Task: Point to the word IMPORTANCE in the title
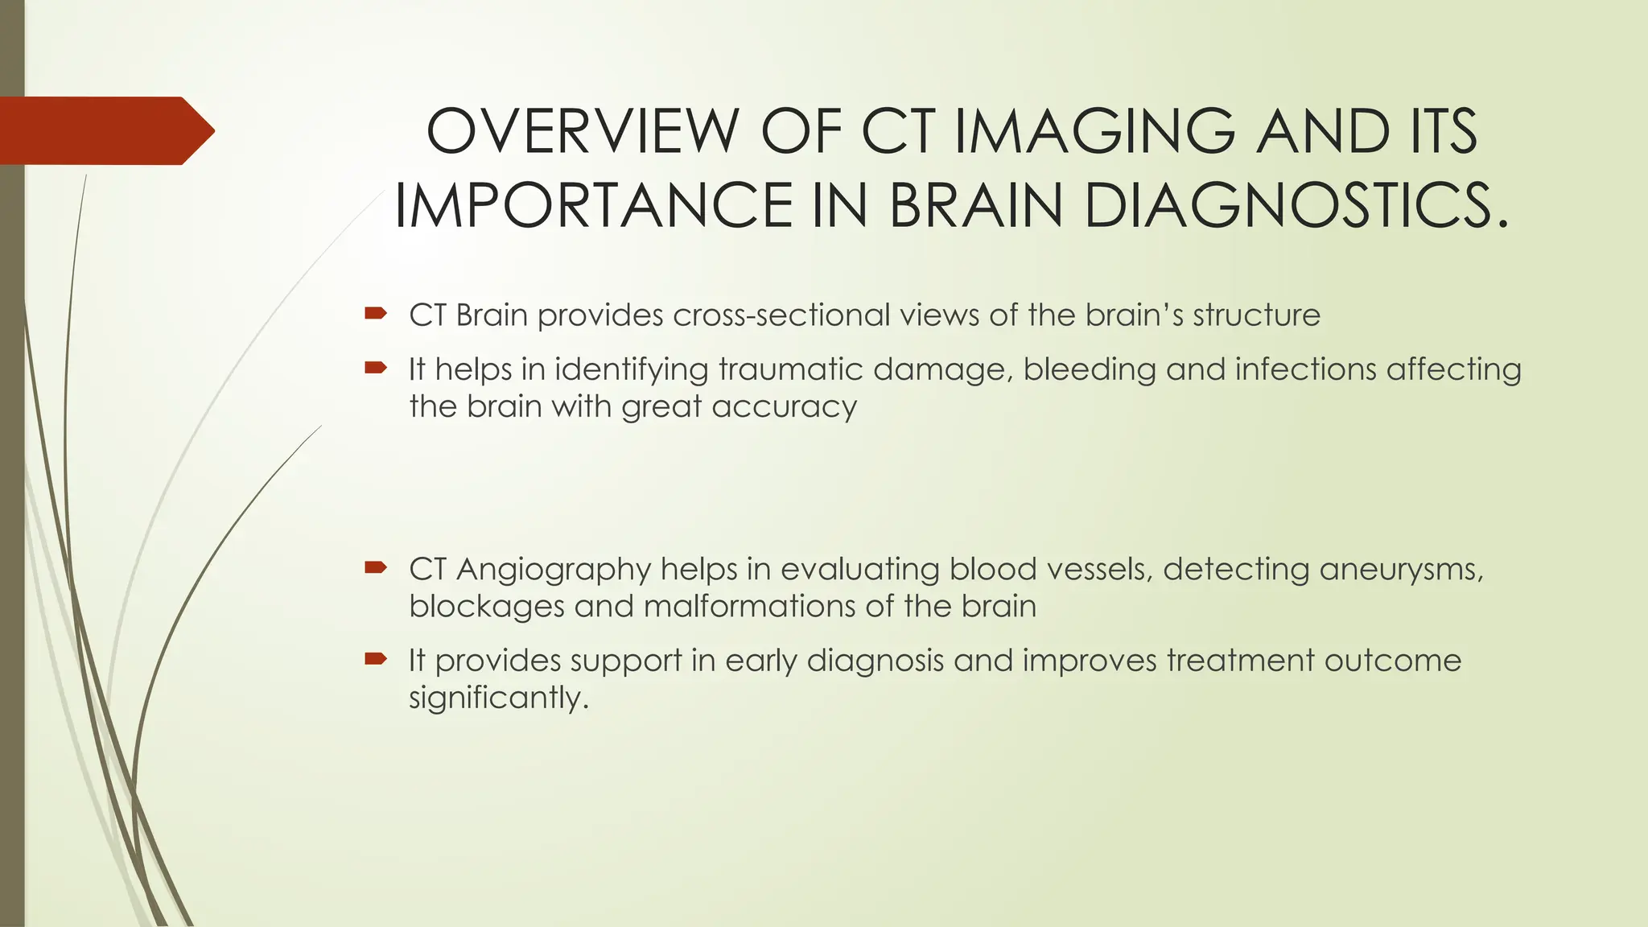coord(594,205)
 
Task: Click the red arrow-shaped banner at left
coord(105,130)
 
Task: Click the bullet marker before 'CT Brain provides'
coord(376,314)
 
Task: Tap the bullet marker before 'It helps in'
coord(376,369)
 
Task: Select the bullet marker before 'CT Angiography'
coord(376,568)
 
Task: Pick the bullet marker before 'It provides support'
coord(376,660)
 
